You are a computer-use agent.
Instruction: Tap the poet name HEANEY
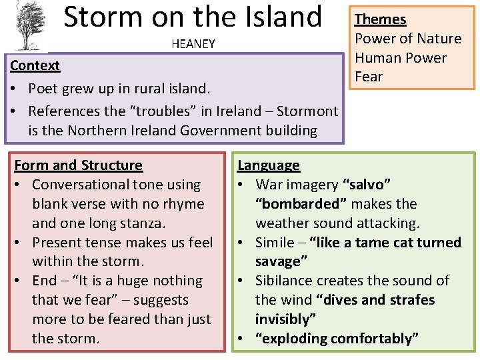(193, 44)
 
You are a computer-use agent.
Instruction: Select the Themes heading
(380, 19)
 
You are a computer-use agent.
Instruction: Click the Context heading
(35, 65)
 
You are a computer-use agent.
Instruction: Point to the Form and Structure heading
(78, 165)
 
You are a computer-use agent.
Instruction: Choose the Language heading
(269, 165)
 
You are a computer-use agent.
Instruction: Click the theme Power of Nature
(408, 39)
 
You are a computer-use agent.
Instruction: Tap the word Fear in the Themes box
(369, 77)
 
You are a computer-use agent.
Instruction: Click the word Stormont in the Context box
(309, 111)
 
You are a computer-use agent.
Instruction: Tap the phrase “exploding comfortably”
(337, 338)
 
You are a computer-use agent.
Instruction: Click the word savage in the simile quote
(282, 261)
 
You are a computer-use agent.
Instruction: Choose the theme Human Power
(401, 58)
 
